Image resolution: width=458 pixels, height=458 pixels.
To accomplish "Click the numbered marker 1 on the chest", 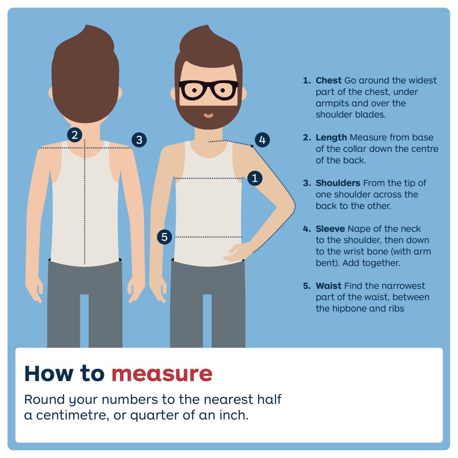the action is [x=254, y=178].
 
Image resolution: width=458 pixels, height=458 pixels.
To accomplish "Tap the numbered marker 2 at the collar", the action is [x=75, y=135].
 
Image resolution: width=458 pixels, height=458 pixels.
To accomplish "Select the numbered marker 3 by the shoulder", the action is [x=139, y=140].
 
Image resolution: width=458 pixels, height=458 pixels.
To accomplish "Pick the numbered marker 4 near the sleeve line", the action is [x=263, y=140].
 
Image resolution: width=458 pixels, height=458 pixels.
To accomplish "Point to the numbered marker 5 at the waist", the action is [x=164, y=237].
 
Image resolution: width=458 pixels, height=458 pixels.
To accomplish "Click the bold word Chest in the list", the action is [x=329, y=80].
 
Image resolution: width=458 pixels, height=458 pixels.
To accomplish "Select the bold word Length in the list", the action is [x=331, y=137].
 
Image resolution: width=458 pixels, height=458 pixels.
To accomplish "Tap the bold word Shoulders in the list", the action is [x=338, y=183].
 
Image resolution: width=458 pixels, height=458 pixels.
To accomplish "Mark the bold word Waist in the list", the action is [x=329, y=286].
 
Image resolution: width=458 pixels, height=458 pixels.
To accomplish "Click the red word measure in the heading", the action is [x=162, y=373].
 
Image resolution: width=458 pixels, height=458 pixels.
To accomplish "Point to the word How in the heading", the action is [x=48, y=373].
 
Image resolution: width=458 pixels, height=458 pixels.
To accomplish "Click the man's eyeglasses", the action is [x=208, y=90].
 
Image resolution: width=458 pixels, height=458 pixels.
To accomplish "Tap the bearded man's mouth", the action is [x=208, y=116].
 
